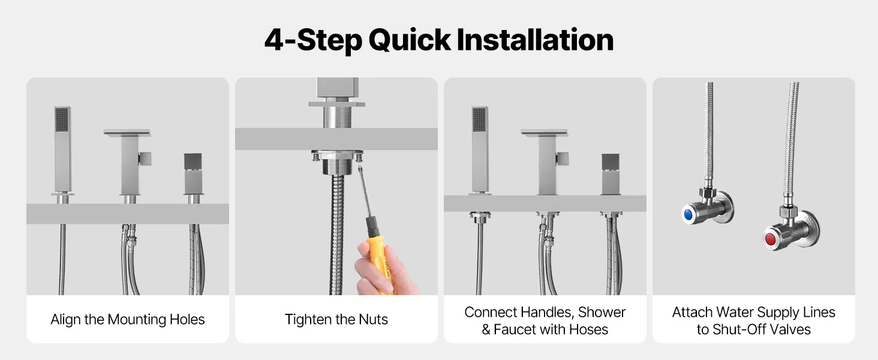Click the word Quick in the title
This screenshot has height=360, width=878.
click(x=410, y=40)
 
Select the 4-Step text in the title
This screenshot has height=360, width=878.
click(x=313, y=40)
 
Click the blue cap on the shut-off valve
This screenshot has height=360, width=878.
click(x=688, y=215)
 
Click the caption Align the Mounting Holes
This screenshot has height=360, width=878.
click(x=127, y=319)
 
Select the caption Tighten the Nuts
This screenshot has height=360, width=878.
click(x=336, y=319)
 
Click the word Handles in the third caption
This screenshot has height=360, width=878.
click(x=536, y=312)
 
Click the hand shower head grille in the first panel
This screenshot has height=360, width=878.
click(x=62, y=119)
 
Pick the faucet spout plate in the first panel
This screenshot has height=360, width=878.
click(x=127, y=133)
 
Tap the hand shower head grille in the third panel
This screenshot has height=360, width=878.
click(x=479, y=119)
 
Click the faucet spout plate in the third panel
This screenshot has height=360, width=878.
click(x=545, y=133)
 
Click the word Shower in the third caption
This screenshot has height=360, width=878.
click(x=602, y=312)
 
